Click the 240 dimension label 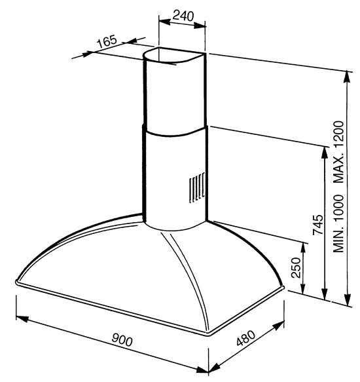coord(183,16)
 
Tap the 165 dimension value coord(107,41)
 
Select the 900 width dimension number coord(122,339)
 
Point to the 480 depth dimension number coord(246,338)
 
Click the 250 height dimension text coord(296,267)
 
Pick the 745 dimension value coord(318,225)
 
